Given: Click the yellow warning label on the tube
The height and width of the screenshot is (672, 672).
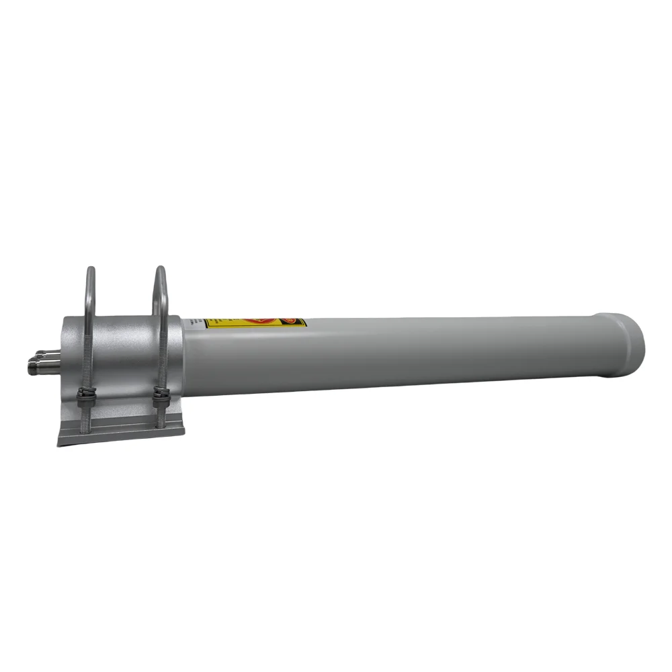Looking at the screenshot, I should pyautogui.click(x=232, y=323).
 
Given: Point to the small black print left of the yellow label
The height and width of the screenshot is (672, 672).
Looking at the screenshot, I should pyautogui.click(x=197, y=323).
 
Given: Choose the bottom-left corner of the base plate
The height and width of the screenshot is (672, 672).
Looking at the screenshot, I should pyautogui.click(x=58, y=444).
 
